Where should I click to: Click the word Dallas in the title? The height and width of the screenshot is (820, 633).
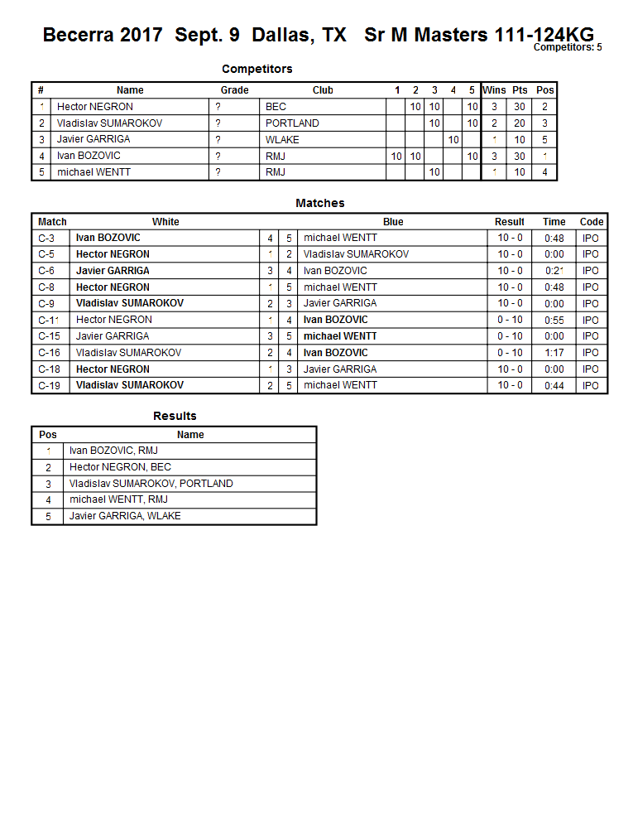point(286,35)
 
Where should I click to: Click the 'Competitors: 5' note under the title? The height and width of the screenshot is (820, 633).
point(567,47)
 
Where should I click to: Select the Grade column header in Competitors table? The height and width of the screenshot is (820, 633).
point(234,90)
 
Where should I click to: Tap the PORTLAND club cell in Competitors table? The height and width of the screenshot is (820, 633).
point(292,123)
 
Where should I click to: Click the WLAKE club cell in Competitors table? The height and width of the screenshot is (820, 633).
point(282,139)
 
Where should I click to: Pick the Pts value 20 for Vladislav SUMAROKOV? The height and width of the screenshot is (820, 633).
point(520,123)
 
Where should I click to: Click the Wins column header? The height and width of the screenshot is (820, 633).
point(494,90)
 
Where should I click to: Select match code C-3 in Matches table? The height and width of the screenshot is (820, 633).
point(46,238)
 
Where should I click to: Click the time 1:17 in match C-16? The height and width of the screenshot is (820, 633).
point(554,353)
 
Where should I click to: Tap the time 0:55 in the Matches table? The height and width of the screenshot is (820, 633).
point(554,320)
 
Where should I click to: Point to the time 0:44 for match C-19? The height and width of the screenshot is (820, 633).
point(554,385)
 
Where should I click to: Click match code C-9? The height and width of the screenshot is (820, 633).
point(46,303)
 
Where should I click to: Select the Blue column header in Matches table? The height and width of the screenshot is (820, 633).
point(393,222)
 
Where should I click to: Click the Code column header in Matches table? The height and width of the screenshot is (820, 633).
point(591,222)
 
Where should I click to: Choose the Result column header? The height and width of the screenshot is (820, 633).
point(509,222)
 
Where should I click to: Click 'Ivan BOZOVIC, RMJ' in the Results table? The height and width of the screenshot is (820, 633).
point(113,451)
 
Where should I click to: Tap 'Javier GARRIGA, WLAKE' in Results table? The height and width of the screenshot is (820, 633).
point(125,516)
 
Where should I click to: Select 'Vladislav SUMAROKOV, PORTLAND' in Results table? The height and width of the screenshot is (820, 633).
point(151,483)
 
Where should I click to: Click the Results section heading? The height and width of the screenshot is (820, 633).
point(175,416)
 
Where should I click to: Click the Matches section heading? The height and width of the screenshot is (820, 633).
point(319,203)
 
